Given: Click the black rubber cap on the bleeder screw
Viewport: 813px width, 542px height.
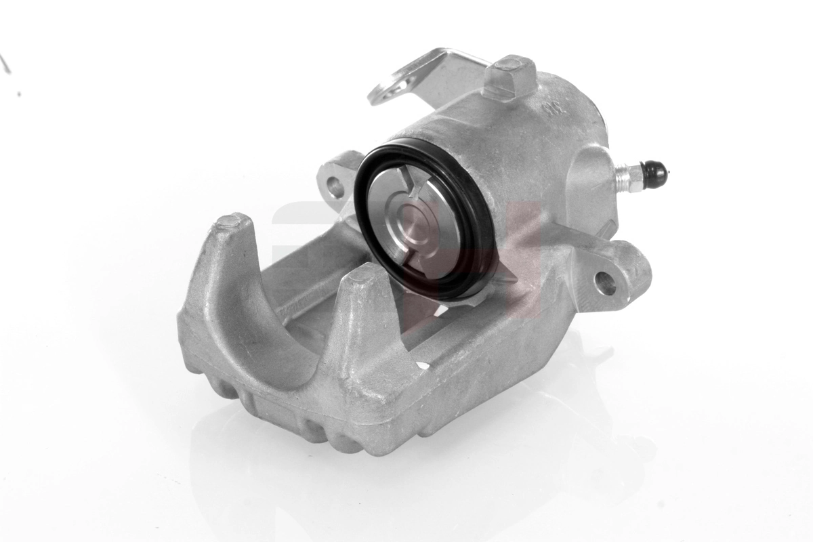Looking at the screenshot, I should pyautogui.click(x=654, y=174).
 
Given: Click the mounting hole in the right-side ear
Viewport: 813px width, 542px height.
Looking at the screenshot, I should pyautogui.click(x=605, y=284).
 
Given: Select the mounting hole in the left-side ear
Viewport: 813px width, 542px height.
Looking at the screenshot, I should pyautogui.click(x=335, y=186).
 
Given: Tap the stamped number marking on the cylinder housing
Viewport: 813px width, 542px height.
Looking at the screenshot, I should pyautogui.click(x=549, y=108).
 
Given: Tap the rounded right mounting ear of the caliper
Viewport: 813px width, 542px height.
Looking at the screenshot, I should pyautogui.click(x=620, y=274).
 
